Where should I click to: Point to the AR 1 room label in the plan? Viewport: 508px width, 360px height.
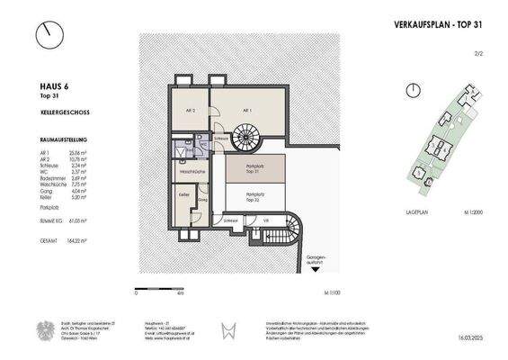click(245, 109)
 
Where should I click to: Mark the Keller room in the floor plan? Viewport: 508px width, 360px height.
click(183, 194)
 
